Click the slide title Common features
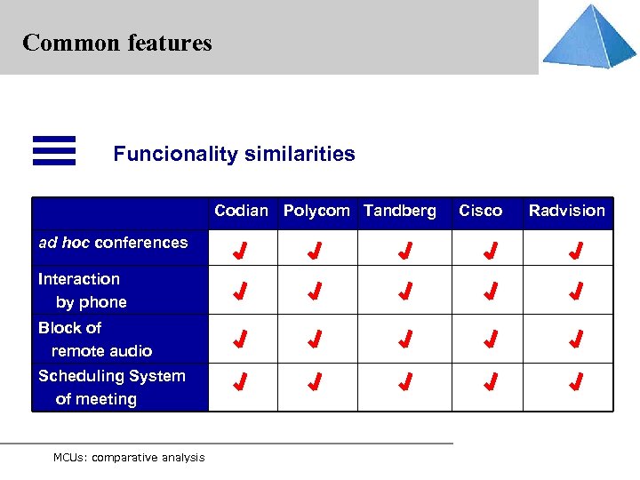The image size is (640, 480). click(116, 43)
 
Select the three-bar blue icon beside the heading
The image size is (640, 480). click(53, 150)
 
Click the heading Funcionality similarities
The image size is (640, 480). click(234, 154)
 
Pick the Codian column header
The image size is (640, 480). click(241, 211)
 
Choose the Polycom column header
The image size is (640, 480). click(316, 211)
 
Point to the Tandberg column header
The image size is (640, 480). click(400, 211)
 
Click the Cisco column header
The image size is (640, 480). click(480, 211)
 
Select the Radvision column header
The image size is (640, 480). click(566, 211)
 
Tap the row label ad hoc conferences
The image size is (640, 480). click(113, 243)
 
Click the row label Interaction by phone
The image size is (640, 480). click(82, 291)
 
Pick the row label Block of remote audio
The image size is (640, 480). click(94, 340)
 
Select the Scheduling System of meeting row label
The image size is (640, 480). click(111, 388)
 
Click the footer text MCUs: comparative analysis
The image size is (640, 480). click(129, 458)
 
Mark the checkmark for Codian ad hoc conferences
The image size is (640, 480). click(239, 251)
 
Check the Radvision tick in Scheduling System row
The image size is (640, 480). click(576, 383)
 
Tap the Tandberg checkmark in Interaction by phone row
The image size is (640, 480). click(404, 291)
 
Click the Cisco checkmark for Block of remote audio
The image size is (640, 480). click(490, 339)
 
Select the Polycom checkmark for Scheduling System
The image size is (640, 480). click(314, 383)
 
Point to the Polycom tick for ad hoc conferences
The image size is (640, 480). click(314, 251)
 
